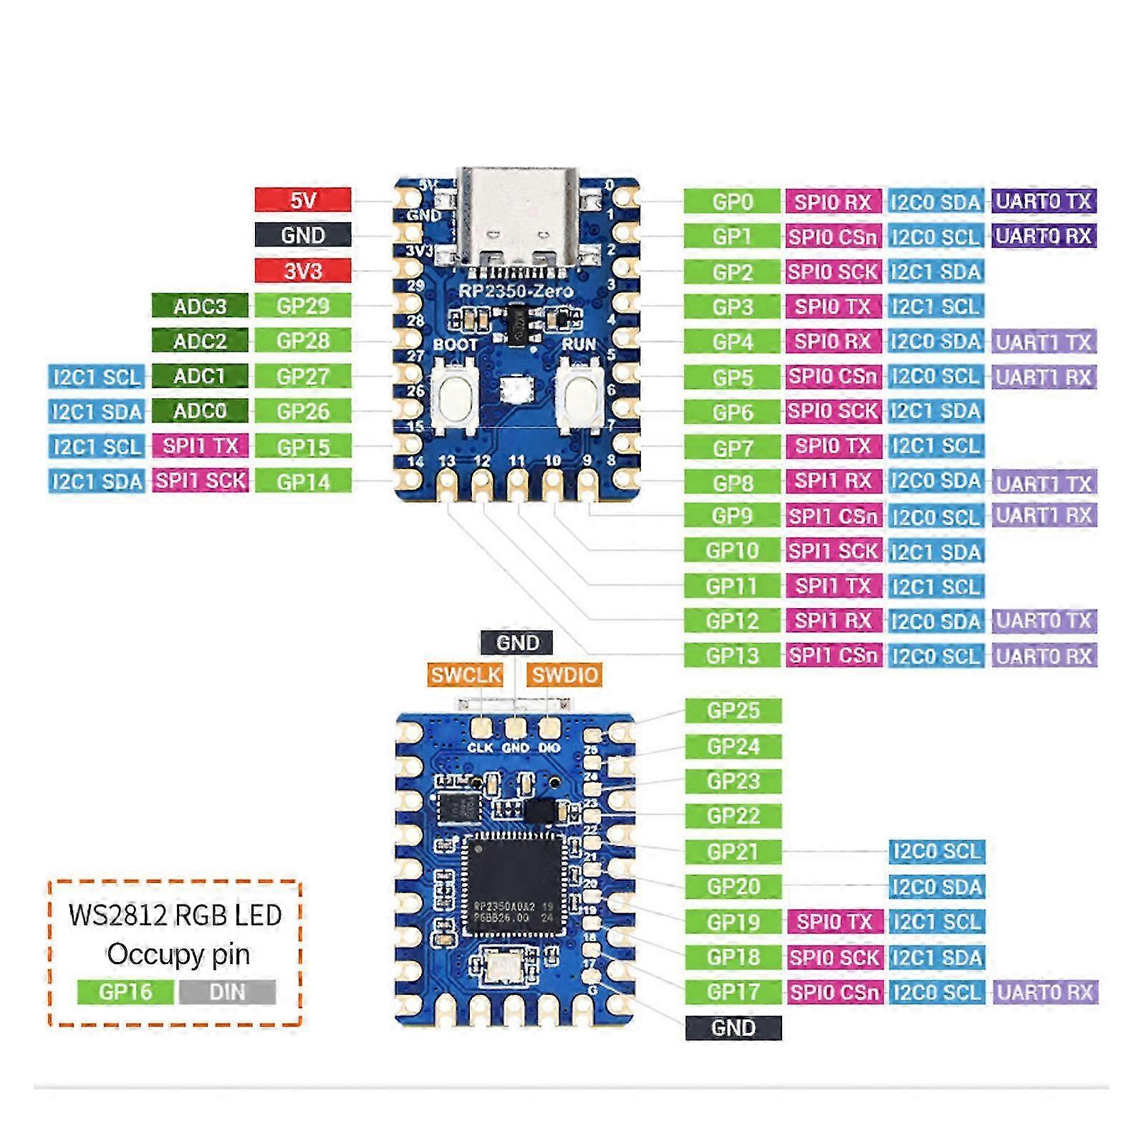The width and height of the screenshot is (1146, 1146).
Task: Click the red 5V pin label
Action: (303, 200)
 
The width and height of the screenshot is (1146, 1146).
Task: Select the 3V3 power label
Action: (303, 271)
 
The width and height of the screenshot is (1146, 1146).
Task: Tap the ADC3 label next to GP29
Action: (200, 306)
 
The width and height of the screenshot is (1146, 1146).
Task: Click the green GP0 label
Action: (731, 201)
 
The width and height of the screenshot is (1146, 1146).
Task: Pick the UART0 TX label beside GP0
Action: (1043, 201)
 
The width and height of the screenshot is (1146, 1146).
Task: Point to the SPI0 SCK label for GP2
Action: (833, 271)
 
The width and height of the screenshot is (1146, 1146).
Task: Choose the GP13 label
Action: (731, 655)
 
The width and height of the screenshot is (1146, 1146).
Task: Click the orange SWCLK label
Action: (466, 674)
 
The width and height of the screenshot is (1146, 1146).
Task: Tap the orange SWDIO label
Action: (564, 674)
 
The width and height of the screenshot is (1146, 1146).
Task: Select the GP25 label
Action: (733, 711)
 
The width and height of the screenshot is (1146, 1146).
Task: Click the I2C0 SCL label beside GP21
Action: (936, 852)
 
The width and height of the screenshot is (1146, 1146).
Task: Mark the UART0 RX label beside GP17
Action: (1044, 992)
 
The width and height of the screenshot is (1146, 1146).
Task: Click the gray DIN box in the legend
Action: (227, 992)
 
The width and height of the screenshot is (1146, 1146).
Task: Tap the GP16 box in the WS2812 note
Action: (125, 992)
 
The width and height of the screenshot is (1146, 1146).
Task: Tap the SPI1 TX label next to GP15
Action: (200, 446)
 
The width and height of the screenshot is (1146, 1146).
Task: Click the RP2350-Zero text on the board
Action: (516, 291)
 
